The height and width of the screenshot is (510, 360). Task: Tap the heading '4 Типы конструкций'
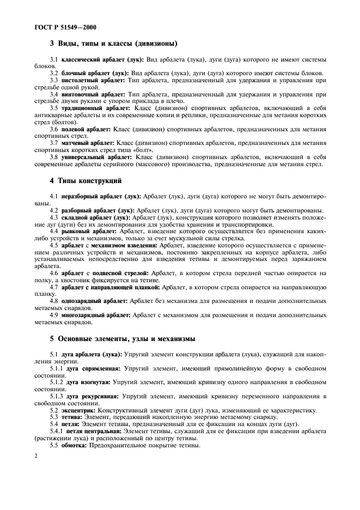(86, 180)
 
